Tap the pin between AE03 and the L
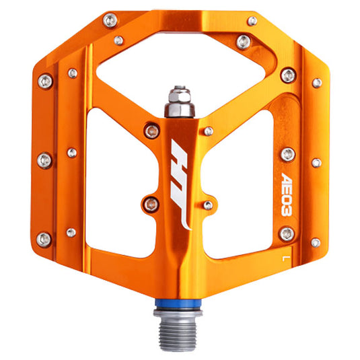coord(287,233)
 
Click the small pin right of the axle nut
coord(209,130)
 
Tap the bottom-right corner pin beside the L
coord(315,242)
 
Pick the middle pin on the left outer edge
coord(45,159)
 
